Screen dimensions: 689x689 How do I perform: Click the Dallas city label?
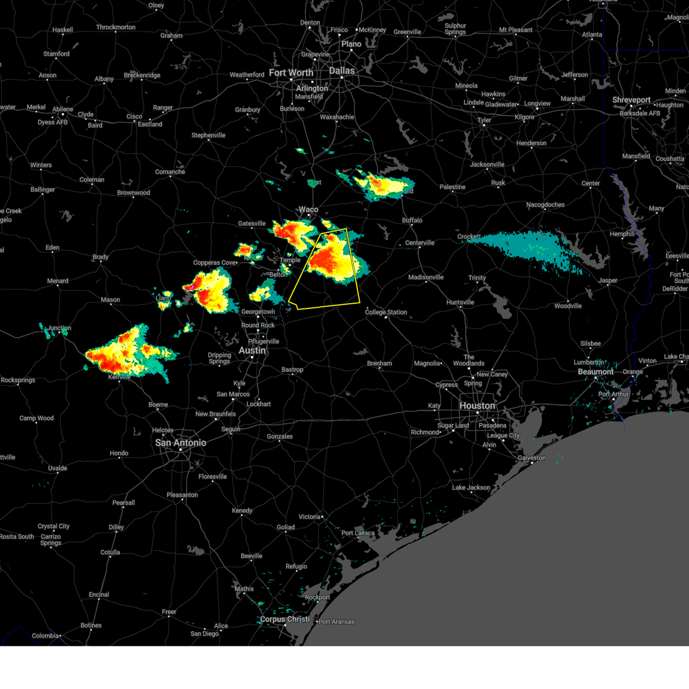point(342,71)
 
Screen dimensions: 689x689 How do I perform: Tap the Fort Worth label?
point(291,73)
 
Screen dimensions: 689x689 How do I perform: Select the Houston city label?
point(477,406)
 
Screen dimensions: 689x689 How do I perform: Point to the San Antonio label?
point(181,443)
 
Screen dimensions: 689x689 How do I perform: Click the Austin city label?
point(252,350)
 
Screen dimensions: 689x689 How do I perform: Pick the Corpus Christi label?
point(285,620)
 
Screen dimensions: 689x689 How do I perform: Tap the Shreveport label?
point(631,100)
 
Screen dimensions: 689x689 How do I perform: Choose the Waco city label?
point(308,210)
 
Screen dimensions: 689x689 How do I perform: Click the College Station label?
point(386,312)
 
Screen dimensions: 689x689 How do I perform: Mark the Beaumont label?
point(595,372)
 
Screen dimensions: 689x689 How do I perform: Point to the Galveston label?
point(532,458)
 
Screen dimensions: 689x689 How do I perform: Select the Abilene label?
point(63,109)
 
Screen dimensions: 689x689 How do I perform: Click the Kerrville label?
point(119,377)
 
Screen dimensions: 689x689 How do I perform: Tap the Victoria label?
point(309,517)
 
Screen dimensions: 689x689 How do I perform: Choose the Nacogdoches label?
point(545,205)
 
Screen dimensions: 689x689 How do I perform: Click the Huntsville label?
point(460,303)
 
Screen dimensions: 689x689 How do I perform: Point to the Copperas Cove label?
point(215,263)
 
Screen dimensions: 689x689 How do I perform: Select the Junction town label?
point(59,328)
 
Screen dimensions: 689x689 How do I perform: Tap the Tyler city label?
point(484,120)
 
